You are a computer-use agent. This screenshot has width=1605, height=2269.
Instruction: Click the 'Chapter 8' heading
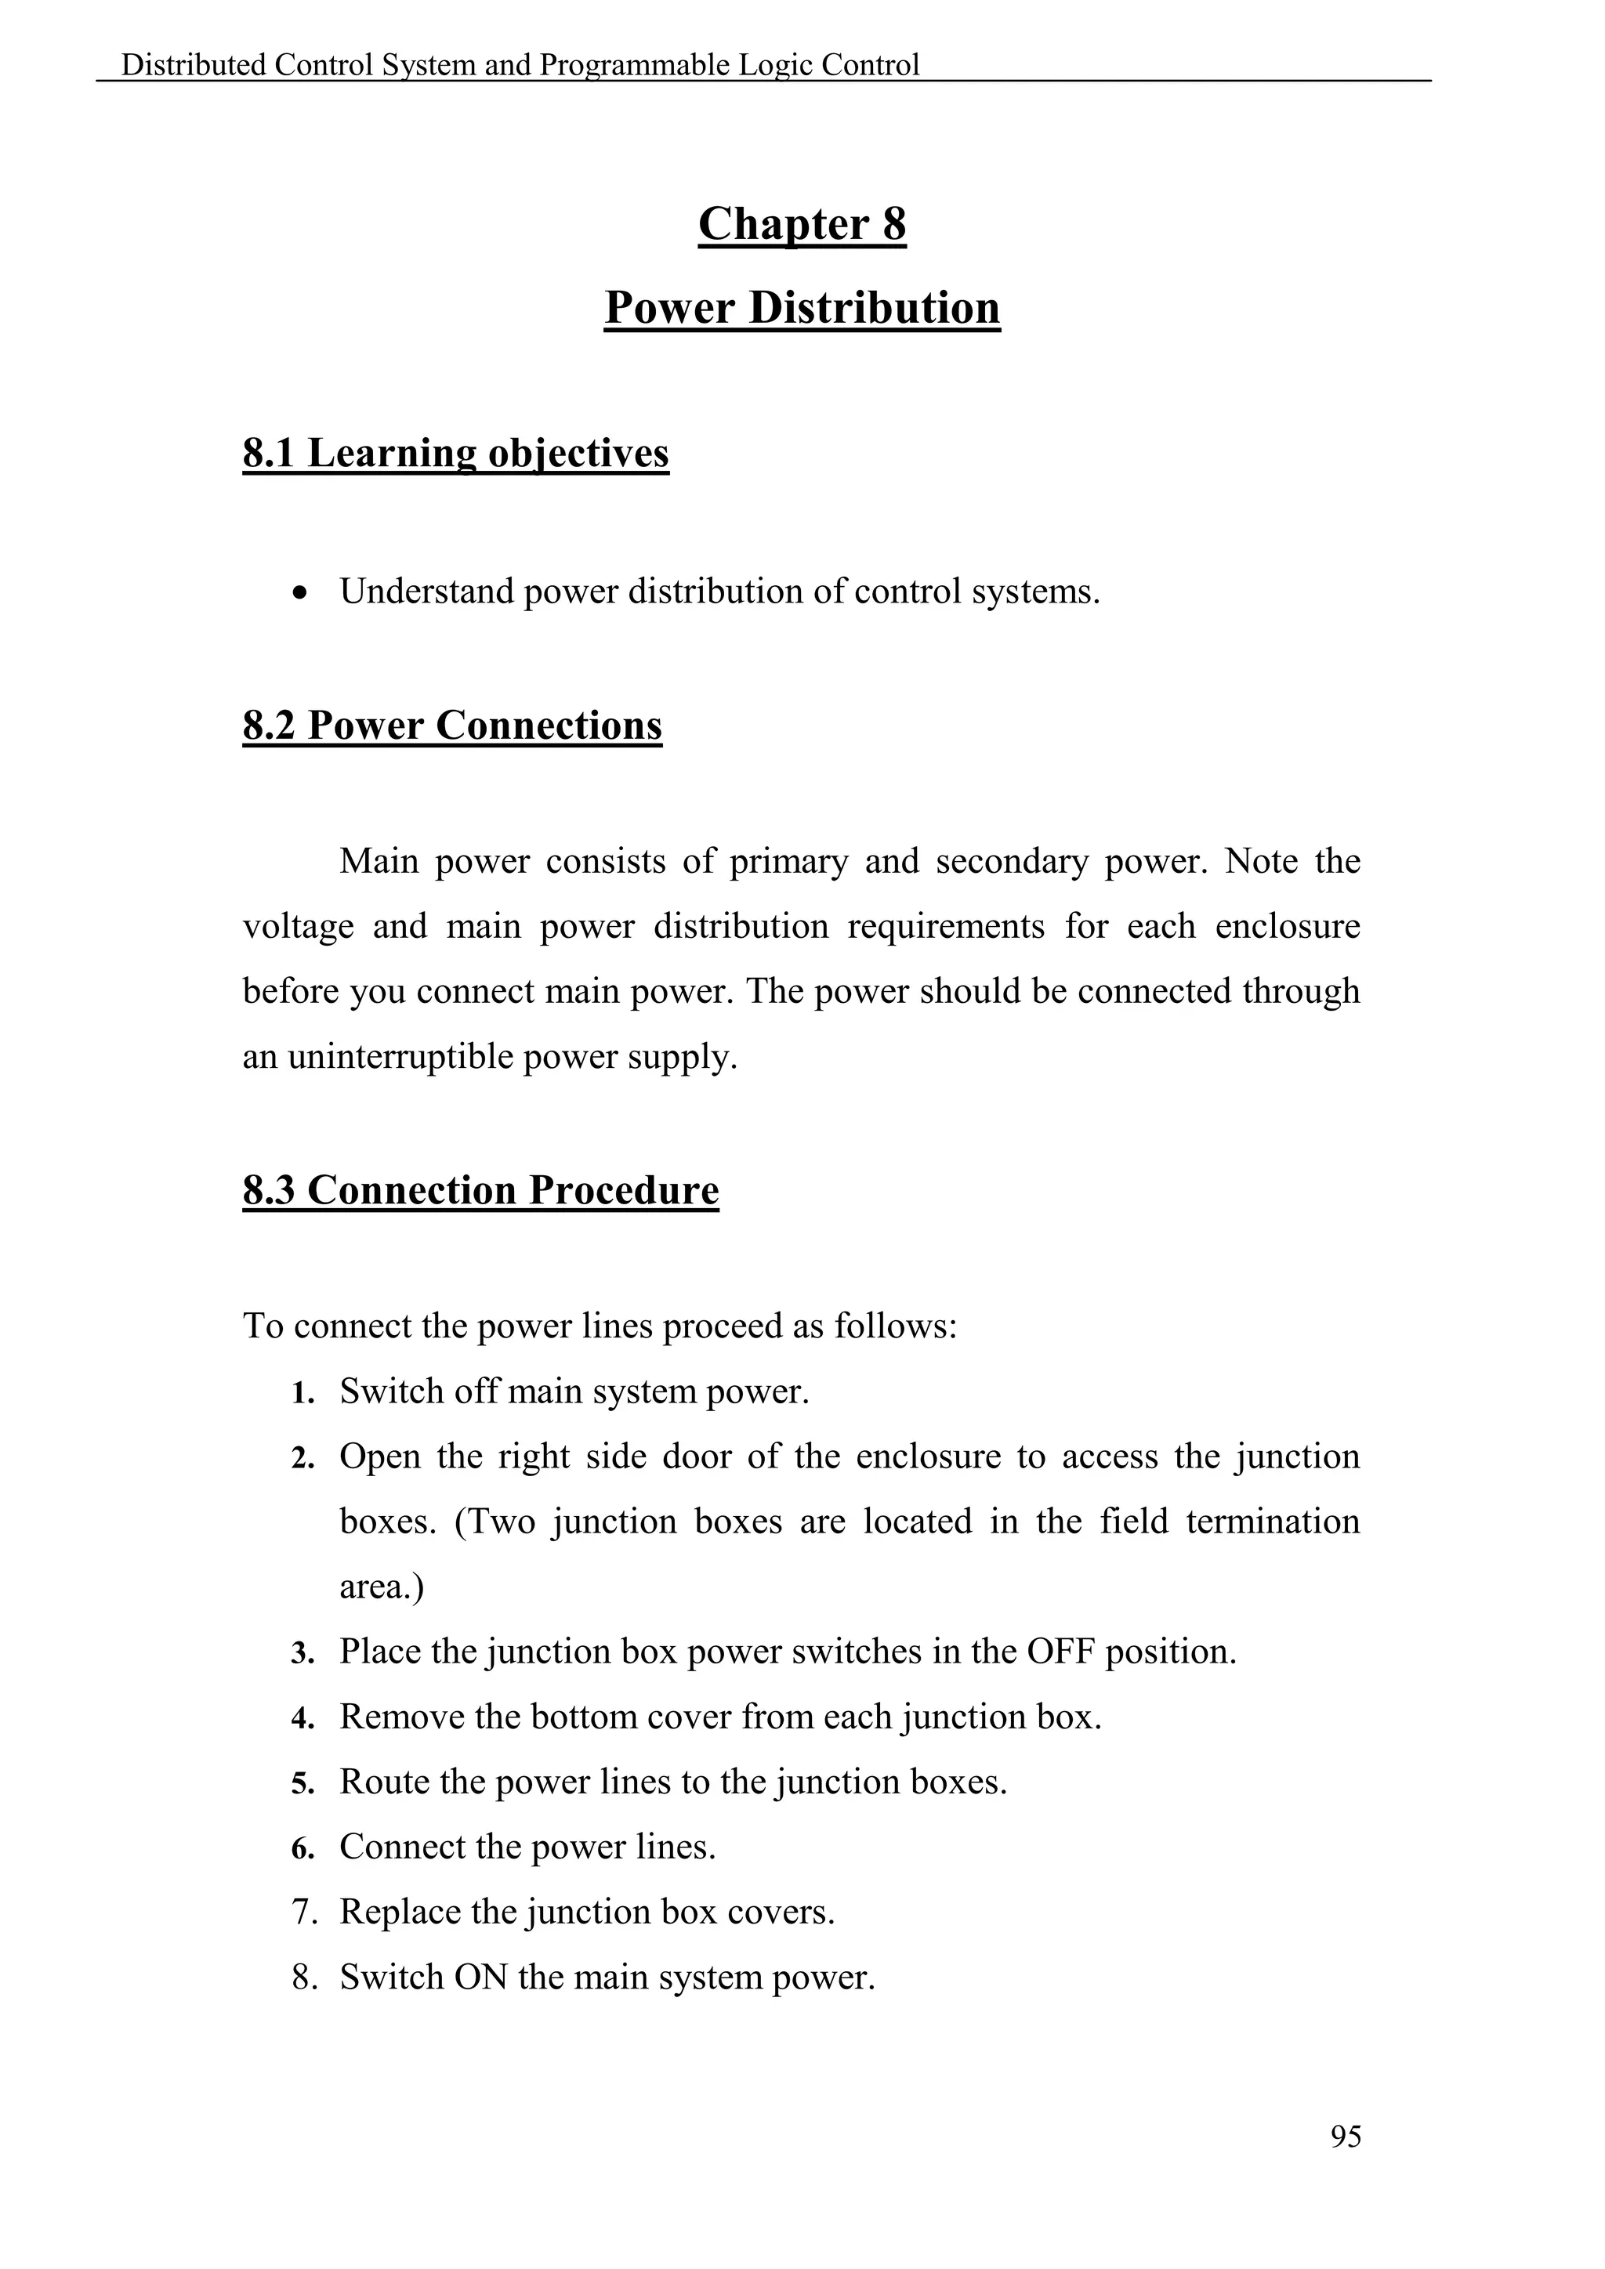(x=802, y=224)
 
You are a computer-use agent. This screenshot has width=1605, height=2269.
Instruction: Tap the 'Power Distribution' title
(x=802, y=307)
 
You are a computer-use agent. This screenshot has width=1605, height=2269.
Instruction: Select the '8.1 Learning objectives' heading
(x=455, y=454)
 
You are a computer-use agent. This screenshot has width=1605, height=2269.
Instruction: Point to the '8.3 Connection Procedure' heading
(x=480, y=1190)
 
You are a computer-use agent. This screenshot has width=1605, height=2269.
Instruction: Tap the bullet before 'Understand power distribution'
(x=300, y=594)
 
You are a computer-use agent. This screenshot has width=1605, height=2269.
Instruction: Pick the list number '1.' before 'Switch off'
(x=303, y=1393)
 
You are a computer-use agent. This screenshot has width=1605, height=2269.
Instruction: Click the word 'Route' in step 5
(x=385, y=1782)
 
